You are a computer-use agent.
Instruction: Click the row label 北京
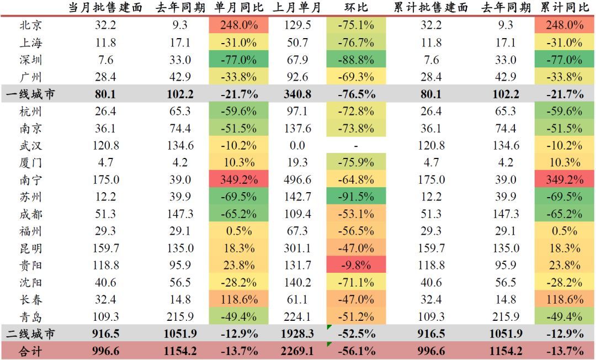[30, 25]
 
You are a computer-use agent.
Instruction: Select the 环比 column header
[355, 8]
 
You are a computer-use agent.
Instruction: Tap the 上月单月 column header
[296, 8]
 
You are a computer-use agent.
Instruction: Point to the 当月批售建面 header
[105, 8]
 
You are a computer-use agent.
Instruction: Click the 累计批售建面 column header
[431, 8]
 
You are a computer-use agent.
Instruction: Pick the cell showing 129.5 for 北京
[296, 25]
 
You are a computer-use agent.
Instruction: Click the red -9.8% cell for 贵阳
[355, 266]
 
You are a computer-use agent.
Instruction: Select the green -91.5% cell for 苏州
[355, 197]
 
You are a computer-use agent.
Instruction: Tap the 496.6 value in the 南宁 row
[296, 180]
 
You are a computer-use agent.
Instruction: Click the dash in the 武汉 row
[355, 146]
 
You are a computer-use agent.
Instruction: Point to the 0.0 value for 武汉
[296, 146]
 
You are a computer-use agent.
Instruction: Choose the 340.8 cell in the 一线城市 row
[296, 94]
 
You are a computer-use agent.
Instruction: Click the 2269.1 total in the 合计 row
[296, 351]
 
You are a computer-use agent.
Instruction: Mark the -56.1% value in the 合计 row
[355, 351]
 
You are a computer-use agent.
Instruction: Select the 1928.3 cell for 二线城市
[296, 334]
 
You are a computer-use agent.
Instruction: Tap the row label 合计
[30, 351]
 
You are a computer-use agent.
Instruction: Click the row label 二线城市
[30, 334]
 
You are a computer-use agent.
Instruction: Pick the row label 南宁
[30, 180]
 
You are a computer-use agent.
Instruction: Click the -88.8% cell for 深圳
[355, 60]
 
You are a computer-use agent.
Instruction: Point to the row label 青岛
[30, 317]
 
